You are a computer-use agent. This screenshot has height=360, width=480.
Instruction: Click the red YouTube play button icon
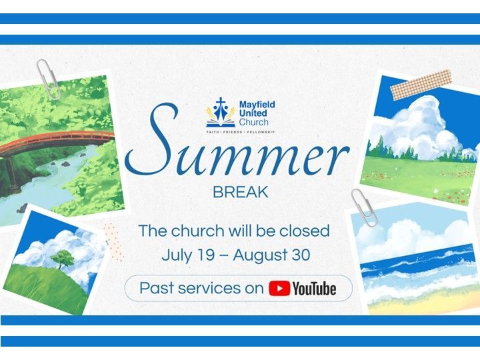(x=279, y=289)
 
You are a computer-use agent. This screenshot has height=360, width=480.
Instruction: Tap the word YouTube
(x=315, y=289)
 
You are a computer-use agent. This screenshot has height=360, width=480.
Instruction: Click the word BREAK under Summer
(x=240, y=192)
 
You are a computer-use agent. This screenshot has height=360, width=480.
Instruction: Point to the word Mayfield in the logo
(x=257, y=105)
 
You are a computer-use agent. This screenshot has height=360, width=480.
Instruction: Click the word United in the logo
(x=253, y=113)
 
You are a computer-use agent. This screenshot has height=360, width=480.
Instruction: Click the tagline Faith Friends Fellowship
(x=240, y=132)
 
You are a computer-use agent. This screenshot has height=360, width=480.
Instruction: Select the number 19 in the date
(x=205, y=255)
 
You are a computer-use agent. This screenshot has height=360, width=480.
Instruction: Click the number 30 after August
(x=301, y=255)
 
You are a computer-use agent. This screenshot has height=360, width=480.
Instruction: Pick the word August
(x=260, y=255)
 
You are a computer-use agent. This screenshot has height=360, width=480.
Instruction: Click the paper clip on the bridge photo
(x=48, y=79)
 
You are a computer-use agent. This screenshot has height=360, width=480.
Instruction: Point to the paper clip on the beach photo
(x=364, y=208)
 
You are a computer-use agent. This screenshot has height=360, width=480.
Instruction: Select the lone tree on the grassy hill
(x=63, y=259)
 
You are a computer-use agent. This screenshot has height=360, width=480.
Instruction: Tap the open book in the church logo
(x=221, y=124)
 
